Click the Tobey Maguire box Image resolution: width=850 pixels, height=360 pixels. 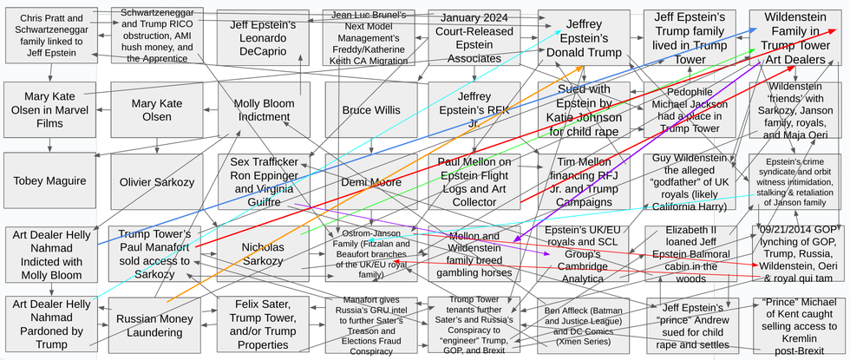49,180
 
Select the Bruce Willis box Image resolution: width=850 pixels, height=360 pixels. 371,110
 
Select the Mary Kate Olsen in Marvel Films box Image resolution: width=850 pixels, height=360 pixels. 49,110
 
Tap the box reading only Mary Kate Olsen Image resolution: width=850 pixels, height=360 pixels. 156,110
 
